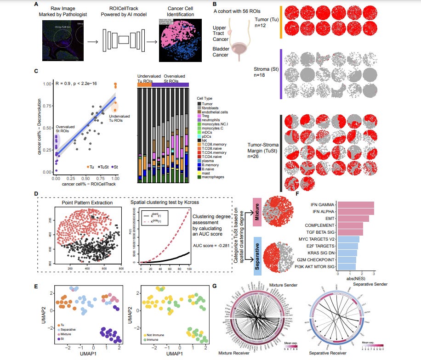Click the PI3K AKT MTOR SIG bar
coord(347,267)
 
